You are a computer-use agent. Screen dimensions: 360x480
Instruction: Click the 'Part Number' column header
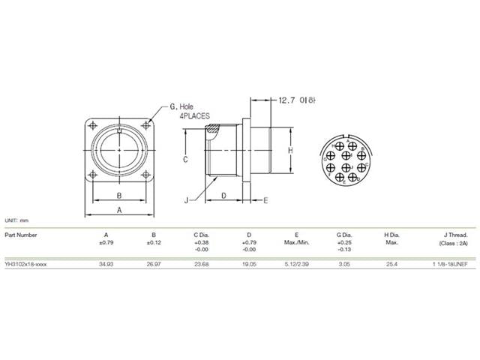tap(21, 234)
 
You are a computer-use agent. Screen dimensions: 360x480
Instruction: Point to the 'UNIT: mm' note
tap(16, 220)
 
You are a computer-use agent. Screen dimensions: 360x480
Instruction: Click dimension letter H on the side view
tap(291, 150)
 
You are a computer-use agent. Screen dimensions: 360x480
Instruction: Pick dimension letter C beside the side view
tap(184, 160)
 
